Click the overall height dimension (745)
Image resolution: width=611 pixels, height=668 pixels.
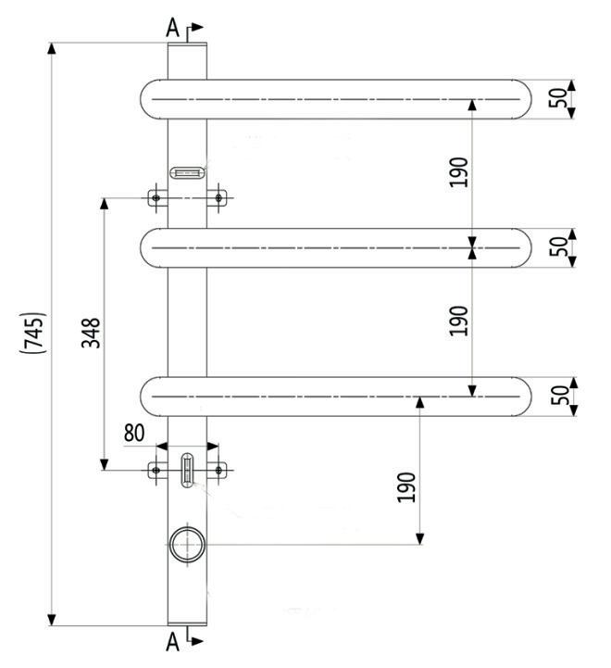(x=31, y=332)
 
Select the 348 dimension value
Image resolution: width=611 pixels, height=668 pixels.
(x=91, y=332)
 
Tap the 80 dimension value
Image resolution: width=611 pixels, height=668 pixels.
(x=134, y=433)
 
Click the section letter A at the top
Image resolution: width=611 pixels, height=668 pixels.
(x=172, y=29)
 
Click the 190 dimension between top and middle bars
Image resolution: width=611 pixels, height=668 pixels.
(x=460, y=172)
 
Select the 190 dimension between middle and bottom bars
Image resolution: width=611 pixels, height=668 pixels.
(x=460, y=321)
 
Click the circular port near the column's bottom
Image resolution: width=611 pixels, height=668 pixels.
(x=186, y=544)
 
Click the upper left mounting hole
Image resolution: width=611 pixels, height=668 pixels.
(x=156, y=197)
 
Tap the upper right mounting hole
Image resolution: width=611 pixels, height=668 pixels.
(x=218, y=197)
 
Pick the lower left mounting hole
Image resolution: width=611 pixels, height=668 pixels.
(x=156, y=471)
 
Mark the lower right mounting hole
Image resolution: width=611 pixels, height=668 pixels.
(x=218, y=471)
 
